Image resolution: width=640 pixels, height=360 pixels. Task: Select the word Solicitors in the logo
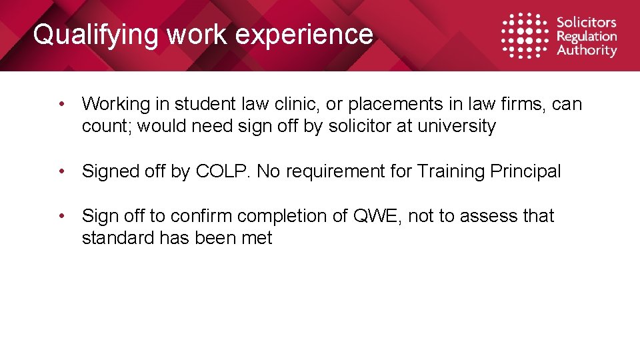click(587, 23)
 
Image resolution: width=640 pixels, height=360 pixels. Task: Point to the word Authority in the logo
click(587, 50)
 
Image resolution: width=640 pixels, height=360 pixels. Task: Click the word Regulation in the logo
click(587, 37)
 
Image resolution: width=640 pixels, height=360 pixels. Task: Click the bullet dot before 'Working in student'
click(61, 104)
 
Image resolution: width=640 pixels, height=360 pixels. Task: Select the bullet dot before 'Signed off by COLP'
click(61, 171)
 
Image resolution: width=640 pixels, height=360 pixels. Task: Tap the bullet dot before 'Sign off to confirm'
click(61, 216)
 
